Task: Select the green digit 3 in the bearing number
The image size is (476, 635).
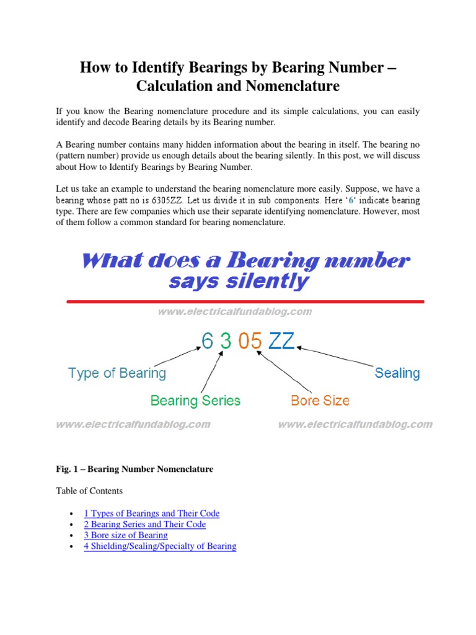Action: pos(226,340)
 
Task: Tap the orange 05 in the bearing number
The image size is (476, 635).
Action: pos(250,340)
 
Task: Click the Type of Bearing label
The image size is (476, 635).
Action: pos(117,373)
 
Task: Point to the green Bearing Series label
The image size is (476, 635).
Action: pos(195,401)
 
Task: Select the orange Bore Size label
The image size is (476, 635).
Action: pos(320,401)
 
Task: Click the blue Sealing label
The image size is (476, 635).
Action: pos(397,373)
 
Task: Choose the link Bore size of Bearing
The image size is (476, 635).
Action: pos(126,535)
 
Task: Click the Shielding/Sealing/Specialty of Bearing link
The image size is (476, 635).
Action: pos(160,546)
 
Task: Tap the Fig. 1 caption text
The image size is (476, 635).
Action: pos(134,469)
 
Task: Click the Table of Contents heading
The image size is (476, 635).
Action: pos(89,491)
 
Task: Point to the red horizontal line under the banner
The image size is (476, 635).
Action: pos(245,301)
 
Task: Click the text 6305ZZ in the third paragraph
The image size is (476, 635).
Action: pos(169,201)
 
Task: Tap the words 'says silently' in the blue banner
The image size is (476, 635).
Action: pos(239,282)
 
